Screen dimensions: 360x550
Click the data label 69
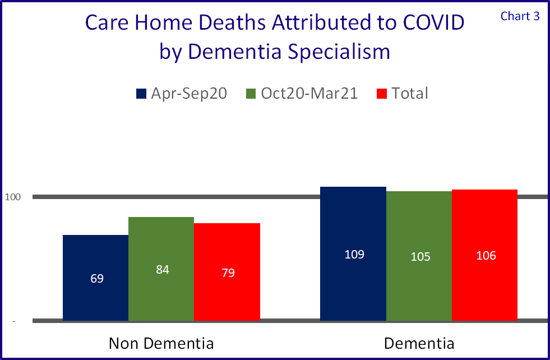(97, 278)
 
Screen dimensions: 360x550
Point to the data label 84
(163, 270)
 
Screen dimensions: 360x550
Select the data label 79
(228, 273)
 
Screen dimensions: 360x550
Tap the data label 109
(354, 254)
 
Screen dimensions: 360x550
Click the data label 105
(420, 257)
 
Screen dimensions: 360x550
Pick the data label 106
(486, 256)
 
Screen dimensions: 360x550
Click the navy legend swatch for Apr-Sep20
(141, 94)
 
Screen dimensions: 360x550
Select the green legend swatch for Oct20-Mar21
(251, 94)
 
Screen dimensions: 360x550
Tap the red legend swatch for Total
(381, 94)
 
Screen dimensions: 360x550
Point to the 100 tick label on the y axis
(13, 197)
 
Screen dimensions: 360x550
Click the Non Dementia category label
(161, 343)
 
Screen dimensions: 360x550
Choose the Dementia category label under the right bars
(419, 343)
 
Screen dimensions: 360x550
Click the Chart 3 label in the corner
(520, 16)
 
